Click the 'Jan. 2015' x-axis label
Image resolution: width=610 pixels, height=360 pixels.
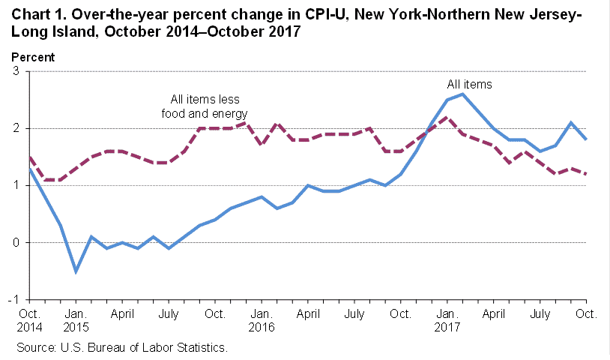tap(76, 321)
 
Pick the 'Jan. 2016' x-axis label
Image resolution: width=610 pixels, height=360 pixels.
tap(262, 321)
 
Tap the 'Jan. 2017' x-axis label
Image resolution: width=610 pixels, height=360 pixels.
tap(447, 321)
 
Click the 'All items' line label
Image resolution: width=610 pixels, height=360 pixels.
tap(469, 85)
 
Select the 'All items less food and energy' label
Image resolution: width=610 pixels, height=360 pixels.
tap(204, 106)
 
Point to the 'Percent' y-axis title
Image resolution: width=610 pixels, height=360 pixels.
tap(32, 57)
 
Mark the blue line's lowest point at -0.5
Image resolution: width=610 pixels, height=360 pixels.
tap(76, 271)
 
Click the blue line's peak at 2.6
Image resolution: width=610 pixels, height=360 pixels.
tap(462, 94)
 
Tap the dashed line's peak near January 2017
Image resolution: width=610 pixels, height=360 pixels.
tap(447, 117)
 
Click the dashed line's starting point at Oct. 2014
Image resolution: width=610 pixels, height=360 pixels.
tap(29, 157)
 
